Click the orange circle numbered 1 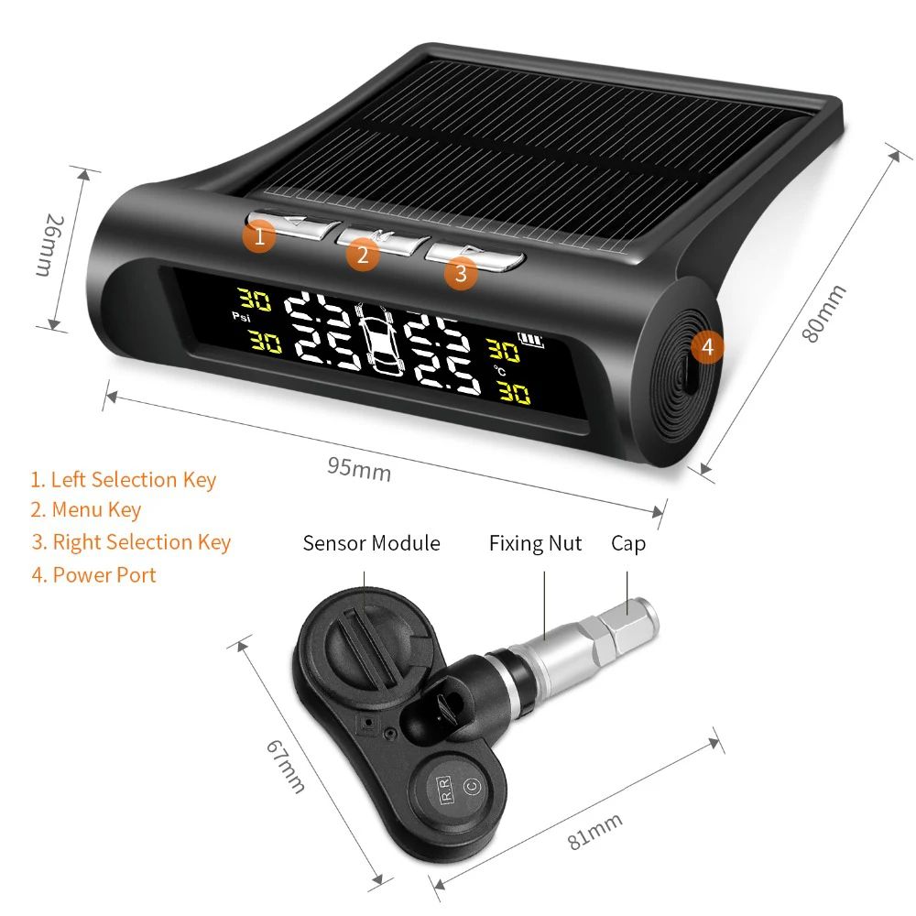point(259,236)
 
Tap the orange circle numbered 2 point(363,255)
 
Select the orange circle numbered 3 point(461,272)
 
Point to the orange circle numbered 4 point(706,347)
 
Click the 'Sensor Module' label point(371,543)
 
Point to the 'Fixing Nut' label point(535,543)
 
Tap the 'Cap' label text point(628,543)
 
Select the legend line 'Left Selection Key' point(123,480)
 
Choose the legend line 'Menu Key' point(85,510)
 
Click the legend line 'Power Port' point(93,575)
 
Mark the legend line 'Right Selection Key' point(130,542)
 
